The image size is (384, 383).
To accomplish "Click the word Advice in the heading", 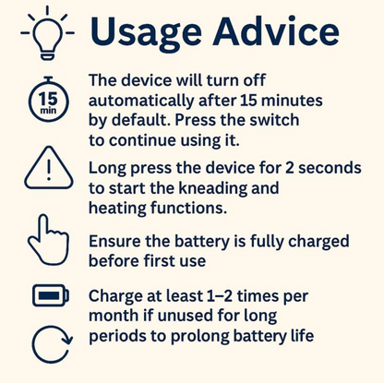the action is pyautogui.click(x=276, y=30).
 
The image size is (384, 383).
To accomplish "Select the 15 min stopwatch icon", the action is pyautogui.click(x=48, y=99).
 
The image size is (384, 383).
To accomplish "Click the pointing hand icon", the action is pyautogui.click(x=49, y=240).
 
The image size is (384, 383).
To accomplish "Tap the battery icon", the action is pyautogui.click(x=51, y=295).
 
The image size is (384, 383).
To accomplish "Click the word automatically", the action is pyautogui.click(x=141, y=102).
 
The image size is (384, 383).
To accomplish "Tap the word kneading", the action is pyautogui.click(x=213, y=189).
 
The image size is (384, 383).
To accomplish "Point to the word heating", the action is pyautogui.click(x=117, y=209).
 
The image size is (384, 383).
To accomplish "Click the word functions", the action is pyautogui.click(x=188, y=208).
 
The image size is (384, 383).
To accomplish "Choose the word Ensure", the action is pyautogui.click(x=114, y=241).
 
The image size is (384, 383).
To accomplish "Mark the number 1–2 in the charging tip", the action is pyautogui.click(x=220, y=296).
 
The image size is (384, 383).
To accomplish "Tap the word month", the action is pyautogui.click(x=114, y=316).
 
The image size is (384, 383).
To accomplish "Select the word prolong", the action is pyautogui.click(x=200, y=337).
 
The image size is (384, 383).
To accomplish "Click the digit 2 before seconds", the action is pyautogui.click(x=290, y=168).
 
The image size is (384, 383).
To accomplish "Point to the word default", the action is pyautogui.click(x=140, y=120).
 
